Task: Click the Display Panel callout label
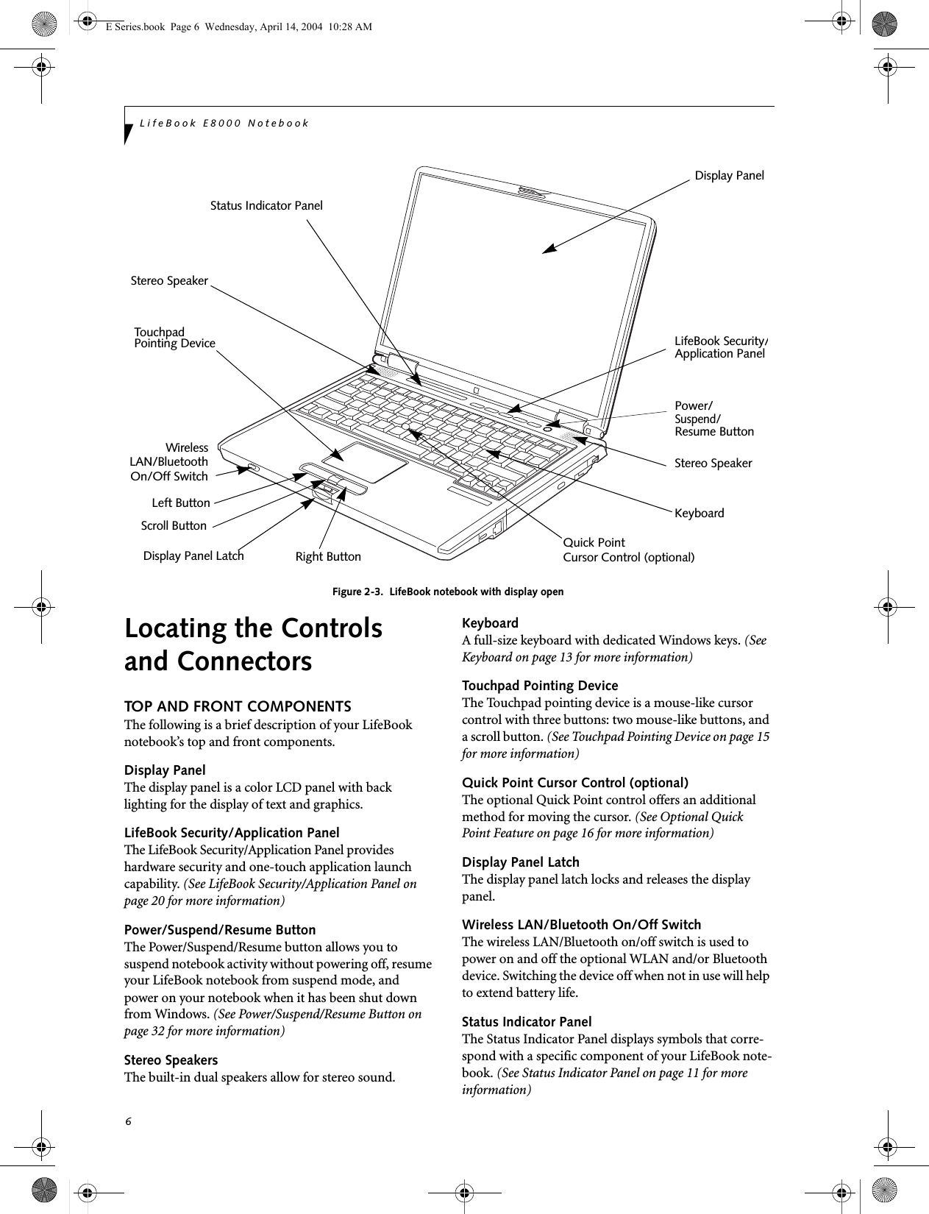coord(729,176)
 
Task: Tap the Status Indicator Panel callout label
coord(266,206)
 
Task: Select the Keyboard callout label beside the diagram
coord(699,514)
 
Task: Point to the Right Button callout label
coord(328,557)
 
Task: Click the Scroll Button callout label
coord(174,526)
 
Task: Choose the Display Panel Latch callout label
coord(193,556)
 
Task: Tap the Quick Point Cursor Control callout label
coord(628,550)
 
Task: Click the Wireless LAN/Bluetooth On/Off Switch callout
coord(170,462)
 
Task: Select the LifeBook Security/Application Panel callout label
coord(720,347)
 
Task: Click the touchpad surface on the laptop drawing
coord(365,463)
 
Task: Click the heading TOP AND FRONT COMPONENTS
coord(238,707)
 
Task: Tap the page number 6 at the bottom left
coord(128,1121)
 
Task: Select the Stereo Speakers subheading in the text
coord(171,1060)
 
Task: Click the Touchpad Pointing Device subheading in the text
coord(540,686)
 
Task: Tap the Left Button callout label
coord(181,504)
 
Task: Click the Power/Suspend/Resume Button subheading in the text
coord(220,930)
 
